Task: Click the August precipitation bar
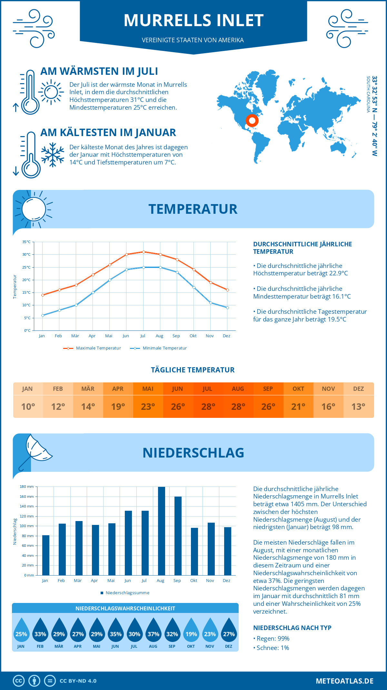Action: tap(161, 531)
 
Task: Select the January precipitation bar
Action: tap(46, 555)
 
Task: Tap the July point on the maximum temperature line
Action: tap(144, 252)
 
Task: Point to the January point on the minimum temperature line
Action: tap(43, 315)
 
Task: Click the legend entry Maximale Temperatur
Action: tap(93, 348)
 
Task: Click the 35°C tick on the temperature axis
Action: tap(26, 242)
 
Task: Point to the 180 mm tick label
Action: tap(27, 487)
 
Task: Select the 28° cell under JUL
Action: tap(208, 407)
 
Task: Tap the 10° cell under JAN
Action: tap(28, 407)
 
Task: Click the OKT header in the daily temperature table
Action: tap(298, 389)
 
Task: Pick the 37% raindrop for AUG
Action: tap(154, 630)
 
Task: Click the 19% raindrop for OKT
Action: tap(191, 630)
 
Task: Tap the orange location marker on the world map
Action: tap(252, 121)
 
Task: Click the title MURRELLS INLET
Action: tap(193, 20)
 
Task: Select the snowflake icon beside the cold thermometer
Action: tap(53, 154)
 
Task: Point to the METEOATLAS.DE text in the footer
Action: tap(344, 681)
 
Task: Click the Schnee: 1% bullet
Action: tap(271, 648)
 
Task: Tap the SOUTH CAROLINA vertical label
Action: tap(368, 94)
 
